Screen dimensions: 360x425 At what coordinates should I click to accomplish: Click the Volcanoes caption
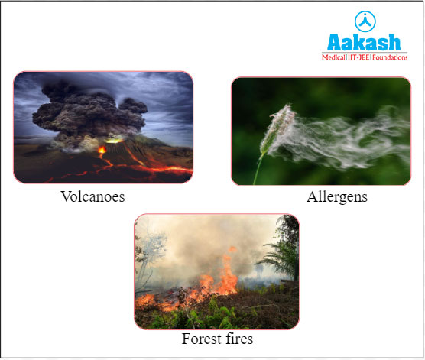pos(92,197)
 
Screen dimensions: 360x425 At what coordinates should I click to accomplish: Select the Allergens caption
pos(337,197)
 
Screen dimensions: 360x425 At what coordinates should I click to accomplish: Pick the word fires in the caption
pos(237,338)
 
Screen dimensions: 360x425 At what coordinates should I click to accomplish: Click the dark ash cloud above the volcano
pos(84,107)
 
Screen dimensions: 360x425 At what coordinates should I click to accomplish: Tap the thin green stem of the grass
pos(258,170)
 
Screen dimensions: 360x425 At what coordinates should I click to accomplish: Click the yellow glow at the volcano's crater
pos(115,140)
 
